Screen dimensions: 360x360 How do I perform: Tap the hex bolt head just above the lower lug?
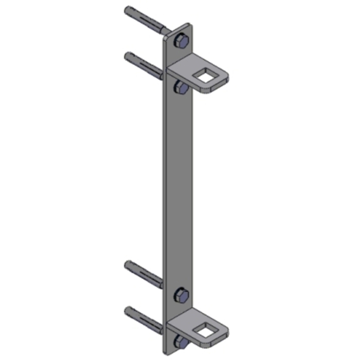tap(181, 295)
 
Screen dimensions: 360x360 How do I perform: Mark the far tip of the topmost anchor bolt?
tap(128, 9)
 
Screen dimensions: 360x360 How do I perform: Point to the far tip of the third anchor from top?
tap(128, 264)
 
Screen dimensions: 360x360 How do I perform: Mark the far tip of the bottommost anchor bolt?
tap(128, 310)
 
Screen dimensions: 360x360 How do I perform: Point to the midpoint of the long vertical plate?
tap(179, 190)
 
